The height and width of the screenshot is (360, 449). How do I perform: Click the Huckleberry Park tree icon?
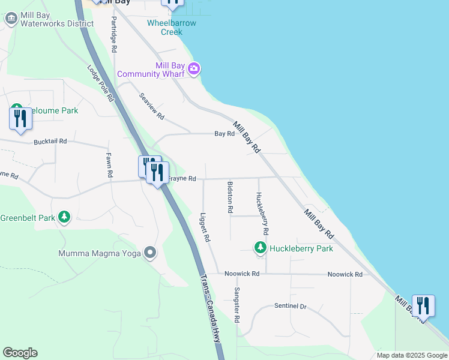[260, 247]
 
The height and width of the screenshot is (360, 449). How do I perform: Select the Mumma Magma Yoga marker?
[150, 253]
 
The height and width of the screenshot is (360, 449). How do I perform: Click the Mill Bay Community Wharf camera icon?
[193, 68]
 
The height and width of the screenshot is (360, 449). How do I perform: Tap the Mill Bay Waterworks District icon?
[11, 19]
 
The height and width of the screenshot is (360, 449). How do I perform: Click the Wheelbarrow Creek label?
[172, 28]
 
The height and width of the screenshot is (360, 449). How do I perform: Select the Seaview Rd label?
[151, 106]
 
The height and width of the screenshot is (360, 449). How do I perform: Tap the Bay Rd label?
[224, 134]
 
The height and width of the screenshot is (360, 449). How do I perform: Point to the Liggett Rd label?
[205, 227]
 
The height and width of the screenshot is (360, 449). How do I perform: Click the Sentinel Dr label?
[291, 306]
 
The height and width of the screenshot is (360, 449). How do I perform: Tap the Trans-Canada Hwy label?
[209, 312]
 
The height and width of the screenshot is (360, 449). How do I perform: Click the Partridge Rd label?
[113, 36]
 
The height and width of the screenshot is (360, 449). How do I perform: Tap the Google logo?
[20, 353]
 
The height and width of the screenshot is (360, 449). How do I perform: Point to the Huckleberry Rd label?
[262, 213]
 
